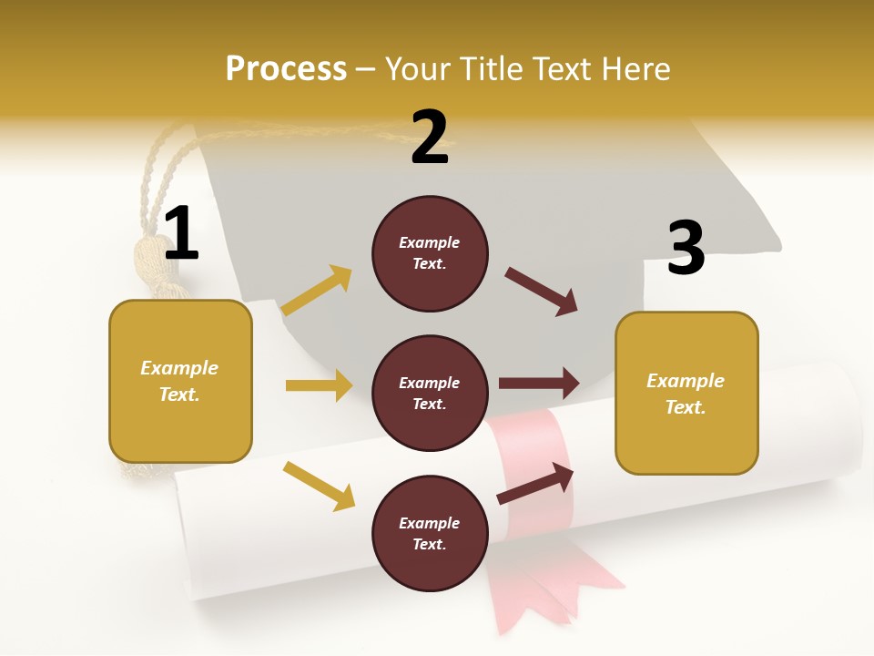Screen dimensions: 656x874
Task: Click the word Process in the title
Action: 286,69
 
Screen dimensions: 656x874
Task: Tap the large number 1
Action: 181,233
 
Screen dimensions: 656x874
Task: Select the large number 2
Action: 430,137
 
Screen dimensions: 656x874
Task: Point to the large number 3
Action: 686,248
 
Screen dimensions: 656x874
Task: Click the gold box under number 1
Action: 180,381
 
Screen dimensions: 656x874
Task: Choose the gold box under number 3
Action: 686,393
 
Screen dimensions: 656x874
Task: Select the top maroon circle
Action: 430,253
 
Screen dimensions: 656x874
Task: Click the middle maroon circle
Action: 430,393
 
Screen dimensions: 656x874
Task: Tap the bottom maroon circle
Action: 430,533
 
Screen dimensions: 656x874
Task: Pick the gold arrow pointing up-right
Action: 317,291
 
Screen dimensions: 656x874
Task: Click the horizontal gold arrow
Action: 319,385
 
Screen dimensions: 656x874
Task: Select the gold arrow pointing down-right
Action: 319,486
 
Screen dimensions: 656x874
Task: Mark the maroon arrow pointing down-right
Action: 542,292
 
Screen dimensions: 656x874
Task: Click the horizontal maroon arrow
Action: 539,383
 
